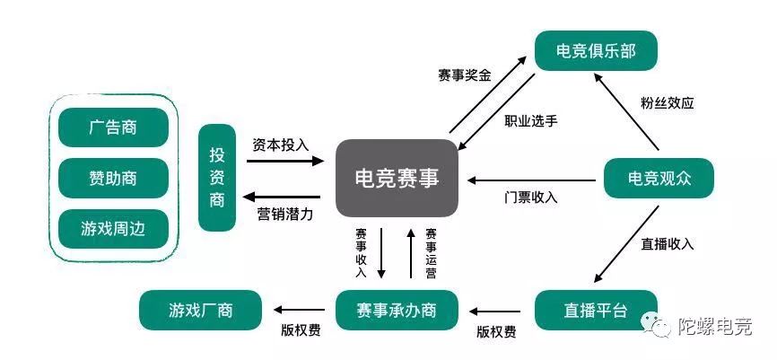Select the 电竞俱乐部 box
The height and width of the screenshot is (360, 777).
pos(596,50)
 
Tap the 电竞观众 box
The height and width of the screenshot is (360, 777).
pos(659,178)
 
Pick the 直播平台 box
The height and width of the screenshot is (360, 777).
pos(596,311)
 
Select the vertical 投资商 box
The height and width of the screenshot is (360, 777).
pos(217,178)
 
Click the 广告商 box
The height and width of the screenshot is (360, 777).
pos(113,127)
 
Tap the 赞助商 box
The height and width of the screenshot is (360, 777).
pos(113,178)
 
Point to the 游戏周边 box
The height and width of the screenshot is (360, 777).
pos(113,228)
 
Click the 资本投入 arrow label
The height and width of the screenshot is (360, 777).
pos(281,145)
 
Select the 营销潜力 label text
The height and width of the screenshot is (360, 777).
pos(281,214)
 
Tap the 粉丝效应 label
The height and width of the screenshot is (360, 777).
pos(668,102)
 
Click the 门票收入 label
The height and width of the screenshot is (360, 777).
pos(531,198)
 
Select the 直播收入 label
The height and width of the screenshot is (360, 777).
pos(668,243)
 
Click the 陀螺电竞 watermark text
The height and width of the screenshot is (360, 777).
pos(714,327)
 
